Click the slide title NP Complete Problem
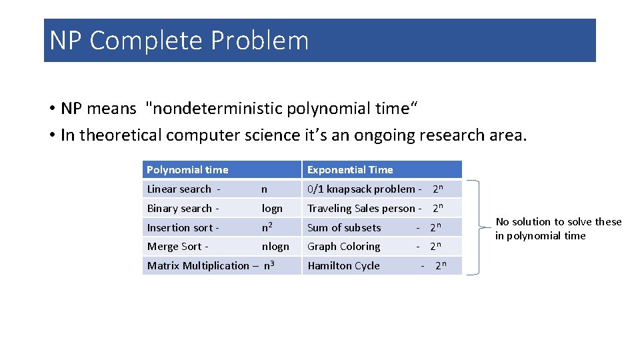179,41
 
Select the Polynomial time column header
187,170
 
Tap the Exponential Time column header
350,170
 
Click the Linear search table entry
179,189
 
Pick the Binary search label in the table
179,209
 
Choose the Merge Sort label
176,247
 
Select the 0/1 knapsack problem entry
360,189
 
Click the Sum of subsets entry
344,228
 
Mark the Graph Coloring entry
344,247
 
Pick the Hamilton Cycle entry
343,266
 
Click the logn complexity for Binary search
272,209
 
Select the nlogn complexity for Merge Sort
275,247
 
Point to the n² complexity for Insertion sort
268,227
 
